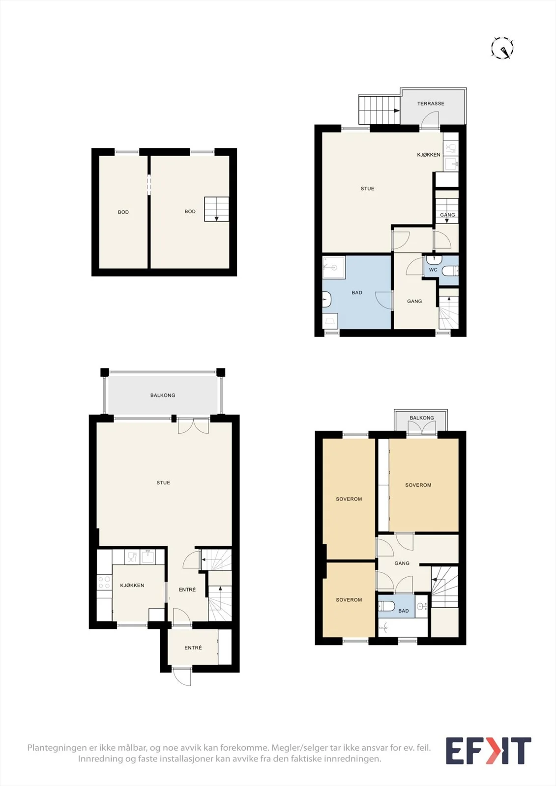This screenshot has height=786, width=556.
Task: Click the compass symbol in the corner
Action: pos(502,47)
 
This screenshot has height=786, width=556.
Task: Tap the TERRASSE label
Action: pos(431,104)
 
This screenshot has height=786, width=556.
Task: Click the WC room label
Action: pos(433,270)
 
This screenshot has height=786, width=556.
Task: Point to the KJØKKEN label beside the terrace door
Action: pos(429,154)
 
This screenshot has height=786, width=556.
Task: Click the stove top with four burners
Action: pos(104,582)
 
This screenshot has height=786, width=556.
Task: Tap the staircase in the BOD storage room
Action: pos(216,209)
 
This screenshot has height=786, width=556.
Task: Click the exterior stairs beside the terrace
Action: pos(380,109)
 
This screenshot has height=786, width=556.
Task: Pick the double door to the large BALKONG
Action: pos(194,425)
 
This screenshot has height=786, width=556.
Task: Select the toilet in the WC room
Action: pos(450,271)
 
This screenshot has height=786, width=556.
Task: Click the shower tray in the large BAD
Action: pos(334,265)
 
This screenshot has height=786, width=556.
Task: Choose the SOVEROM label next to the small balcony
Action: pos(418,485)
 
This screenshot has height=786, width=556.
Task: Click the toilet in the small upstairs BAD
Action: pos(387,605)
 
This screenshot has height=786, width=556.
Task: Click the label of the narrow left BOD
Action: pos(123,212)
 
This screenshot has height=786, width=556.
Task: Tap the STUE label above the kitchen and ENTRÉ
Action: pos(163,482)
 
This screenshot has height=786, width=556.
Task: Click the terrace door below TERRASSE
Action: pos(430,120)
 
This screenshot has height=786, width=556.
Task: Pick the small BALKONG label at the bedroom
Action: pos(421,418)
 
